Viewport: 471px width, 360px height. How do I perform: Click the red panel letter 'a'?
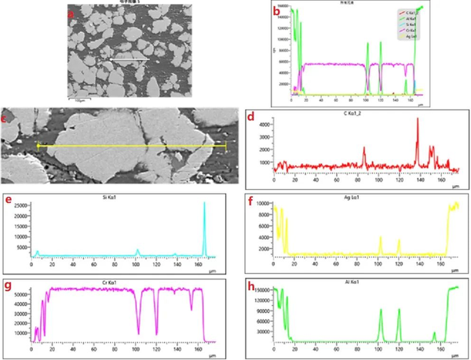coord(71,13)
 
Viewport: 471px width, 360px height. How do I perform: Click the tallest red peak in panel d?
coord(418,120)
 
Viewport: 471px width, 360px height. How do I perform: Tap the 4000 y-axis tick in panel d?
coord(265,124)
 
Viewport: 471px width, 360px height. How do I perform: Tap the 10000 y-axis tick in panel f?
coord(264,205)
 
